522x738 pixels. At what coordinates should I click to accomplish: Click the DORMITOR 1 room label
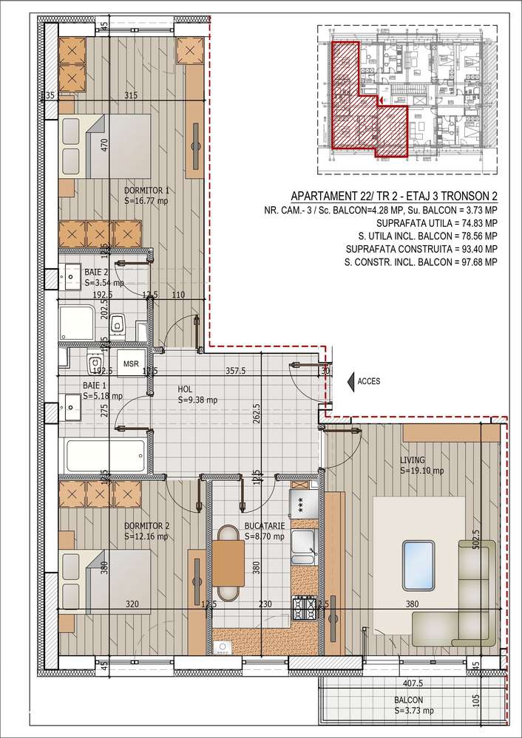[147, 190]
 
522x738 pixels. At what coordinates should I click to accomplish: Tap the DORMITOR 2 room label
[147, 526]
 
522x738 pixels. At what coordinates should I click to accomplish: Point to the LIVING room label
[413, 460]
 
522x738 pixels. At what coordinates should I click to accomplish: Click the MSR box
[131, 364]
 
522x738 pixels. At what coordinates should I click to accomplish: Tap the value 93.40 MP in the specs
[470, 249]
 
